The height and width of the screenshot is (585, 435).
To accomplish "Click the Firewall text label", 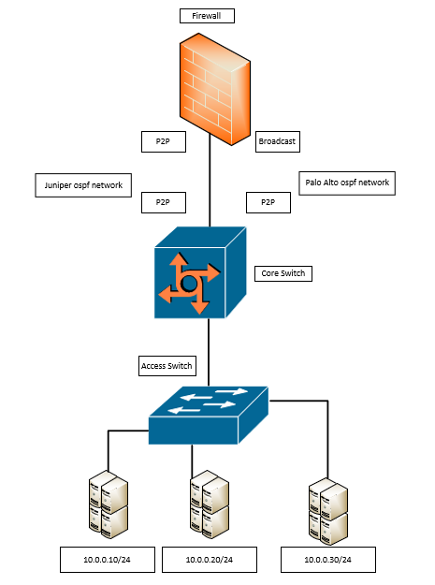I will point(206,16).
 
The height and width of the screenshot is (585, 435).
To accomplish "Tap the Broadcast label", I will point(279,141).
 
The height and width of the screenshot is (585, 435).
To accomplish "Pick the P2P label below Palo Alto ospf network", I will point(268,201).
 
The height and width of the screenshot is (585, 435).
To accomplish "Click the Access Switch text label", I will point(167,365).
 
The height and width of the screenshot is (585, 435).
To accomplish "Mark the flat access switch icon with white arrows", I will point(208,413).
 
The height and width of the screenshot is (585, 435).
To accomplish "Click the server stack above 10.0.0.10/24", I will point(108,505).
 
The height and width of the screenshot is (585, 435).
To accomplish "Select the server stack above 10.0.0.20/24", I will point(210,505).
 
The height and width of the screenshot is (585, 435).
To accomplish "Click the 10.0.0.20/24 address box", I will point(210,560).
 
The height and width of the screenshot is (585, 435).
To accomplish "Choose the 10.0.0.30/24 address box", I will point(328,560).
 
